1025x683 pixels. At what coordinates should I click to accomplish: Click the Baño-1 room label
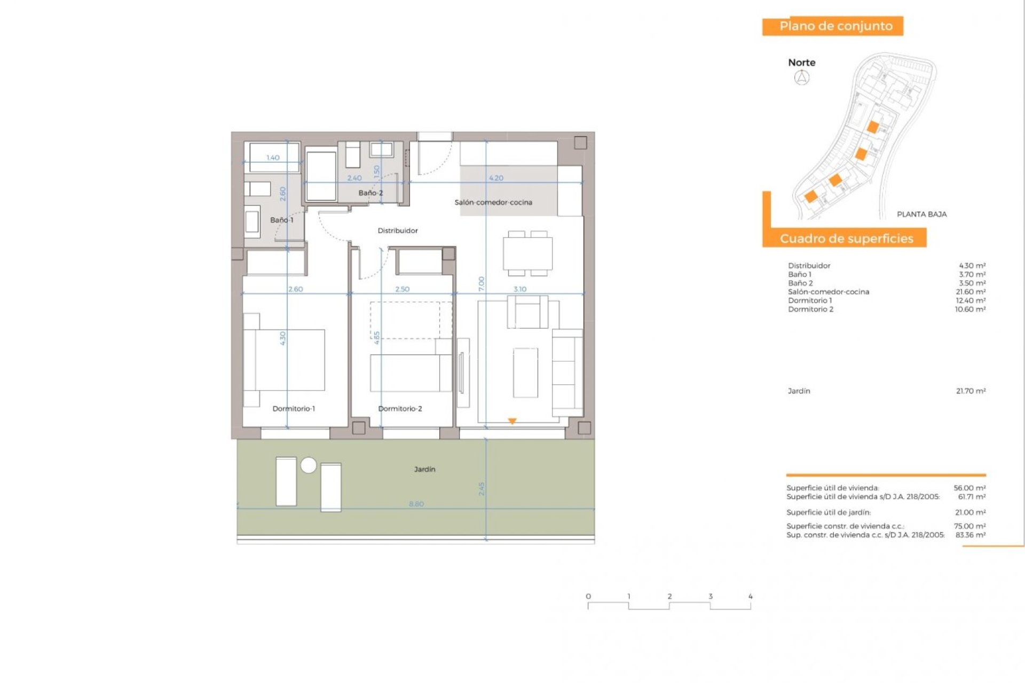(281, 220)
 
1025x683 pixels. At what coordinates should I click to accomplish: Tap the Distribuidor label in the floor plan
(398, 231)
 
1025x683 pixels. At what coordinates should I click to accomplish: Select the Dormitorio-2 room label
(400, 409)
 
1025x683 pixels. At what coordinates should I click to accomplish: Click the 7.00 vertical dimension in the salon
(482, 283)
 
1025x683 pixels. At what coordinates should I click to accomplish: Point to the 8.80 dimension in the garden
(416, 504)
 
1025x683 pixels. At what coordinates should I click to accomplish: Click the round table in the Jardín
(309, 465)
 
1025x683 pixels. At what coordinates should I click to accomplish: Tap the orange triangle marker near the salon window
(512, 421)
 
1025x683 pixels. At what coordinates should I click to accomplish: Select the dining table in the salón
(527, 253)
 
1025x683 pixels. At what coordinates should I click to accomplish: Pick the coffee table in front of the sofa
(525, 372)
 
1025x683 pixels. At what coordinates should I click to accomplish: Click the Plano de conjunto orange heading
(835, 26)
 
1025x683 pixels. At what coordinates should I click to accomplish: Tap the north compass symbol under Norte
(802, 78)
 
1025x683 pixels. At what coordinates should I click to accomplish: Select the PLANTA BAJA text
(921, 214)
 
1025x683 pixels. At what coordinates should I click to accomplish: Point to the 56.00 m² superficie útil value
(969, 488)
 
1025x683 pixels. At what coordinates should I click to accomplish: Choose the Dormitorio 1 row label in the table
(810, 300)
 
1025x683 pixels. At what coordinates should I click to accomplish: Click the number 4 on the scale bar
(750, 597)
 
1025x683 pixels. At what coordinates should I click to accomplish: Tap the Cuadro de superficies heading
(846, 239)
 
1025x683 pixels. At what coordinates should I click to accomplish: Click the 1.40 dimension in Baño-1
(273, 157)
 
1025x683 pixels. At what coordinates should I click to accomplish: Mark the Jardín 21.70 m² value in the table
(970, 391)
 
